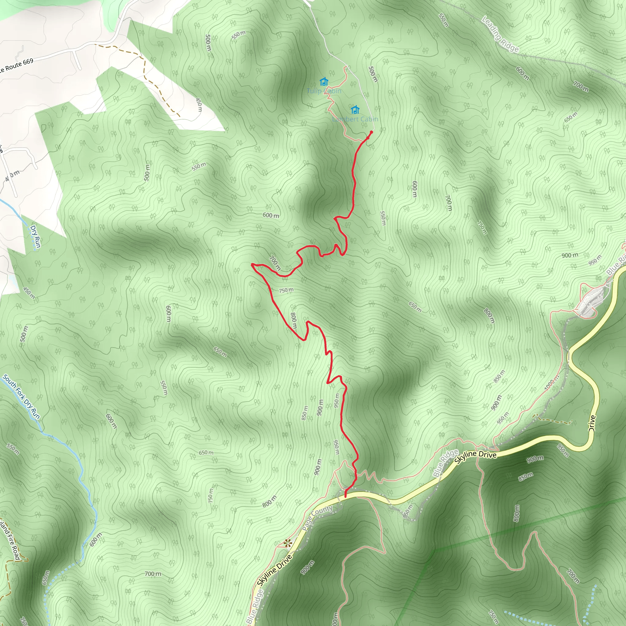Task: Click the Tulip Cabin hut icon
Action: click(324, 81)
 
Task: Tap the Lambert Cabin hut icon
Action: click(355, 109)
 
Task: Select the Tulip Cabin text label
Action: click(324, 91)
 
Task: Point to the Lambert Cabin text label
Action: click(355, 119)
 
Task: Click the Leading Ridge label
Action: click(500, 34)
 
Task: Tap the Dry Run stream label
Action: click(35, 236)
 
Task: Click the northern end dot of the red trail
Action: click(371, 132)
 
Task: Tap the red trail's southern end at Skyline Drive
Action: click(345, 496)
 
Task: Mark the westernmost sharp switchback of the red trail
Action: click(252, 265)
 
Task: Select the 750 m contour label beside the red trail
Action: click(286, 290)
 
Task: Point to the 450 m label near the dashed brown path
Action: click(199, 105)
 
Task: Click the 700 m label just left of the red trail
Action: click(275, 263)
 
